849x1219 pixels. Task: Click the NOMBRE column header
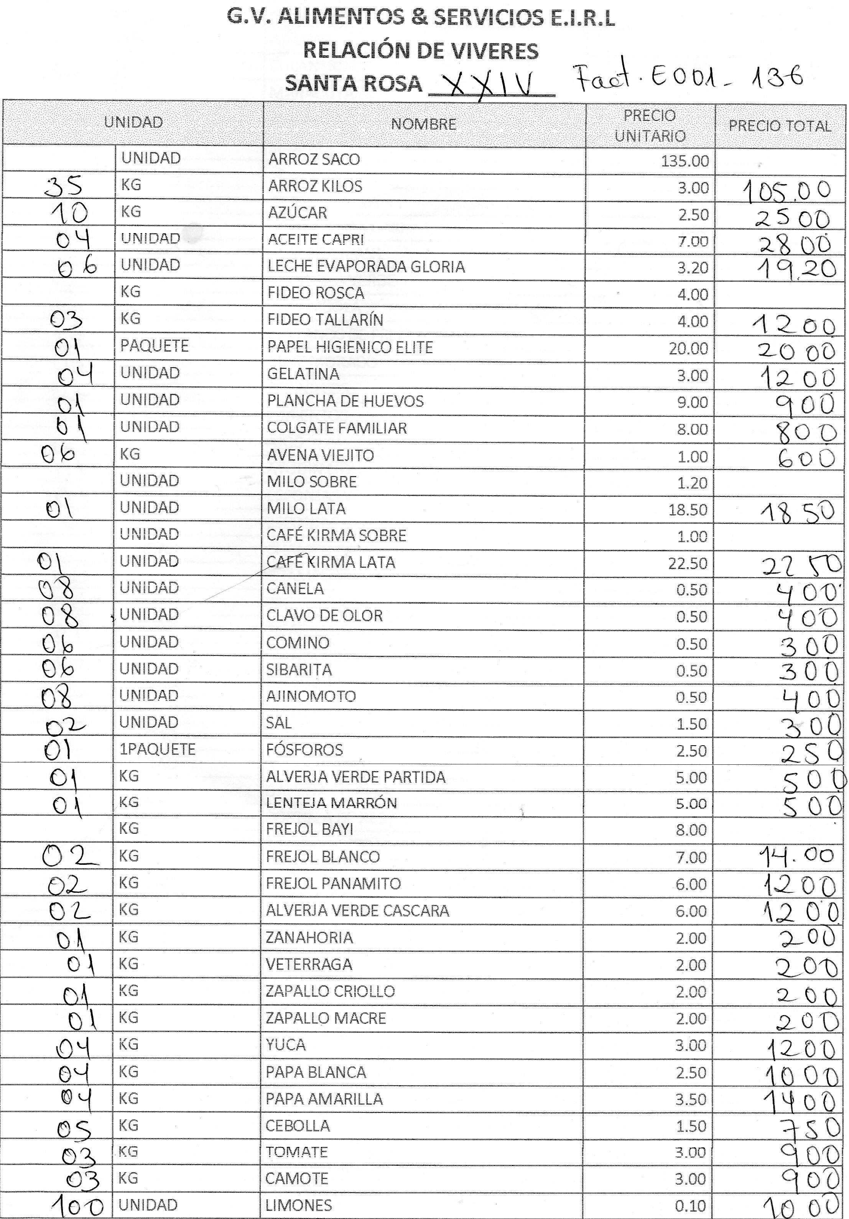pyautogui.click(x=423, y=124)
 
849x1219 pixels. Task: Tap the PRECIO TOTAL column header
pyautogui.click(x=780, y=127)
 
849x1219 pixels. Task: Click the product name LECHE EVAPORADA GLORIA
pyautogui.click(x=366, y=266)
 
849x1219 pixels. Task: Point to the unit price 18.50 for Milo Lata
pyautogui.click(x=688, y=510)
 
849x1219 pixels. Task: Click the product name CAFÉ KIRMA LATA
pyautogui.click(x=331, y=562)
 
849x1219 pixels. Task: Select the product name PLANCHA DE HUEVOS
pyautogui.click(x=345, y=401)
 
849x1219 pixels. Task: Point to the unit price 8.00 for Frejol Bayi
pyautogui.click(x=691, y=830)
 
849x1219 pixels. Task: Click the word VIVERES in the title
pyautogui.click(x=495, y=51)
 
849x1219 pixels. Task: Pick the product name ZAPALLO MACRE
pyautogui.click(x=326, y=1018)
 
